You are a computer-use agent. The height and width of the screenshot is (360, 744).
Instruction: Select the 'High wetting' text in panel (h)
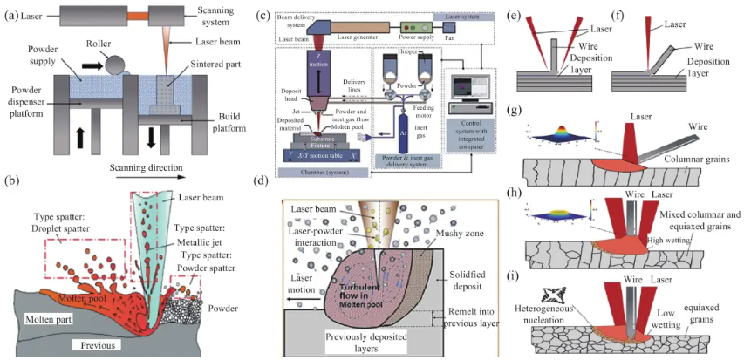click(660, 240)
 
